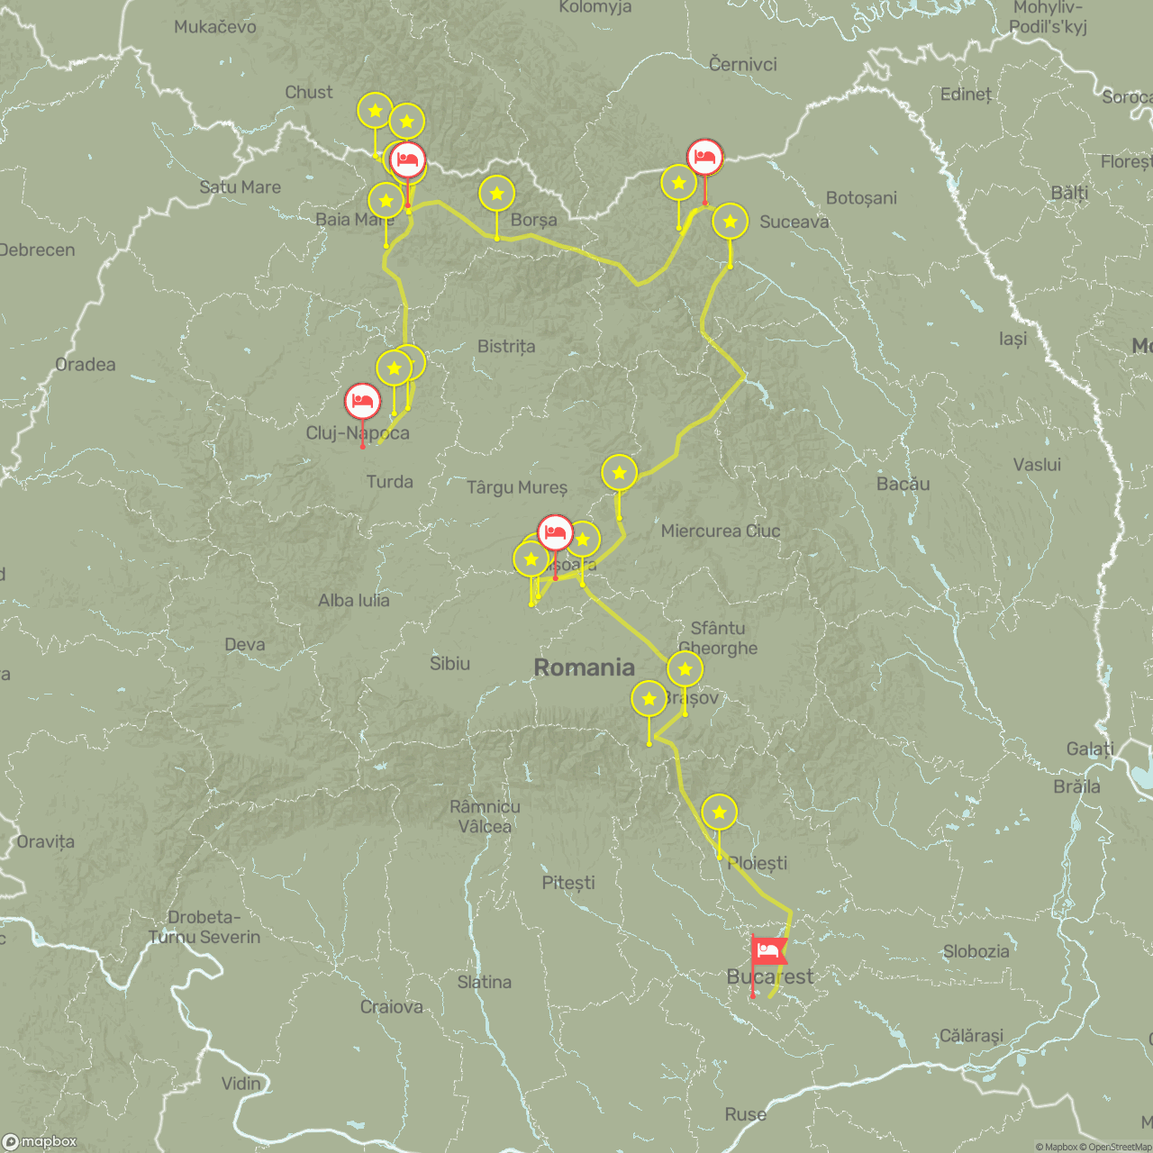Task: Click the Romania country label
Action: [584, 667]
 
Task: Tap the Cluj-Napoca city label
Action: [358, 433]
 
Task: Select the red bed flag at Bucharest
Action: [768, 951]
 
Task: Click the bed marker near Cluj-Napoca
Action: [363, 401]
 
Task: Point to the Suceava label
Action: [794, 222]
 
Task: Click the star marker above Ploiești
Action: [719, 813]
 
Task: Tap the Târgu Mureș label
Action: [517, 487]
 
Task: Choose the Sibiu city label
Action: [449, 664]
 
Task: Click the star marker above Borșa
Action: [496, 194]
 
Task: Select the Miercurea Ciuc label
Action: [721, 531]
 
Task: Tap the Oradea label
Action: [86, 365]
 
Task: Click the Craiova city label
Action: [391, 1007]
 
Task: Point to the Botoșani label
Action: [861, 198]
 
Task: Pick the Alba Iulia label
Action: [354, 601]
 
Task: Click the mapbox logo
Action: [41, 1141]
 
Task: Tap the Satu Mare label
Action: [240, 187]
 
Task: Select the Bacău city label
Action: [903, 484]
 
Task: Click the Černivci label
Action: [742, 65]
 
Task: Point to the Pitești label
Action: [567, 883]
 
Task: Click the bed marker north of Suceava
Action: [704, 158]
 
